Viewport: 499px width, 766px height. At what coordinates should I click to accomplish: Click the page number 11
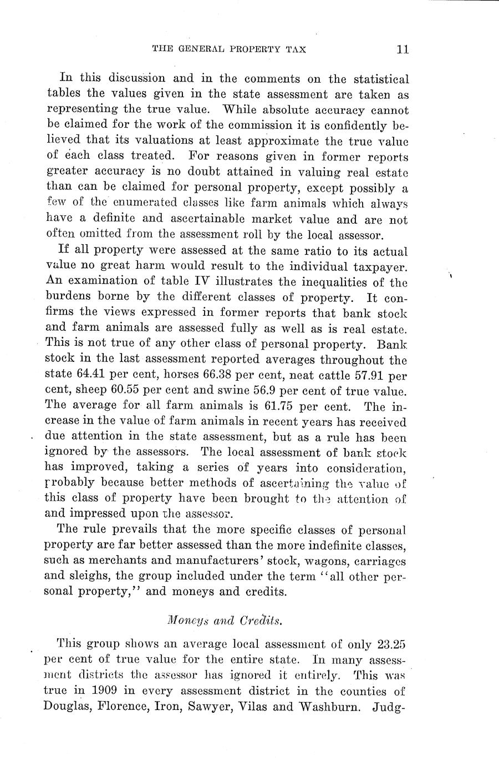(403, 49)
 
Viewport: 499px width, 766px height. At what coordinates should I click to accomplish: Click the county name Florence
(124, 708)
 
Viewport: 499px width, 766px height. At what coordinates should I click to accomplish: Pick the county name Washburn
(328, 708)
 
